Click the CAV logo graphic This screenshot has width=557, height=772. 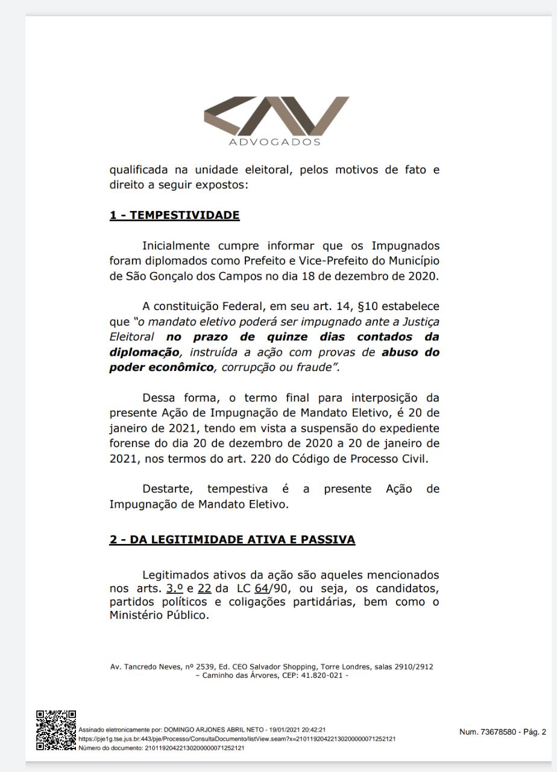click(x=277, y=117)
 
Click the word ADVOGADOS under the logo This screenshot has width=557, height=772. click(x=274, y=142)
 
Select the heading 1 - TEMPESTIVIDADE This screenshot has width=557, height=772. click(x=174, y=215)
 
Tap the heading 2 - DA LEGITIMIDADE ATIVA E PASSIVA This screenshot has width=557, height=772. click(x=232, y=540)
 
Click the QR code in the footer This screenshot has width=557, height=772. click(x=55, y=730)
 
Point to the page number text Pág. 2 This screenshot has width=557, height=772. click(x=532, y=732)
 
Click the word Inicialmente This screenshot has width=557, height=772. click(x=175, y=246)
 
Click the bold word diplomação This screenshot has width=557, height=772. click(x=144, y=352)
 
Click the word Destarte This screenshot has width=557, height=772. click(x=166, y=489)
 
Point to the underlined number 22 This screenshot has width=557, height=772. click(x=204, y=588)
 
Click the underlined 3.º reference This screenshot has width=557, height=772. click(x=174, y=588)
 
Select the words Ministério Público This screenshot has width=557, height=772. click(x=158, y=616)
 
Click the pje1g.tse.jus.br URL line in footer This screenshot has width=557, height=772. click(x=237, y=739)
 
